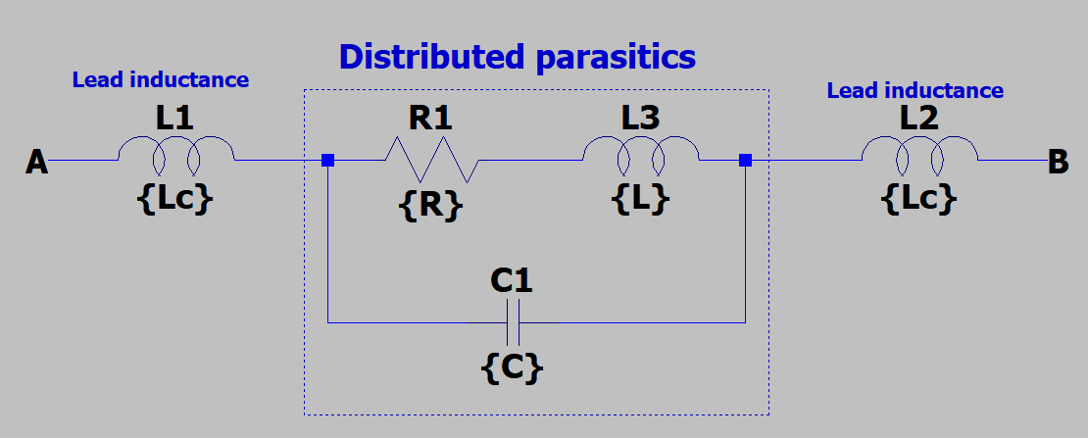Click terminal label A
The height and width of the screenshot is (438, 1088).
click(36, 162)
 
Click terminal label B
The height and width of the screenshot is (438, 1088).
click(1058, 162)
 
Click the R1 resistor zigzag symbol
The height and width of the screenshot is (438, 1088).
click(431, 159)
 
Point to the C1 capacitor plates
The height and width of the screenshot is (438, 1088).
click(512, 321)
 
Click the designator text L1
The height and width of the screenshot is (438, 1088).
click(174, 120)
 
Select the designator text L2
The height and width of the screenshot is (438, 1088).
click(918, 120)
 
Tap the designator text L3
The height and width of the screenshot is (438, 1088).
click(640, 120)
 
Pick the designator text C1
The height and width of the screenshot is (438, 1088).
click(511, 282)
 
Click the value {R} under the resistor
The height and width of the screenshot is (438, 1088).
click(430, 205)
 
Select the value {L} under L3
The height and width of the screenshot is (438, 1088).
click(640, 200)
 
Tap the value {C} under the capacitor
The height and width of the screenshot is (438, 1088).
click(512, 366)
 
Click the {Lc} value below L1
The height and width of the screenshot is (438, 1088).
click(174, 200)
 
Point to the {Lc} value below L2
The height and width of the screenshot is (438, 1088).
click(918, 200)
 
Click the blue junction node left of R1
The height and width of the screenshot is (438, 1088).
click(327, 160)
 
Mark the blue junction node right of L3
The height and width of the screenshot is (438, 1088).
click(745, 160)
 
